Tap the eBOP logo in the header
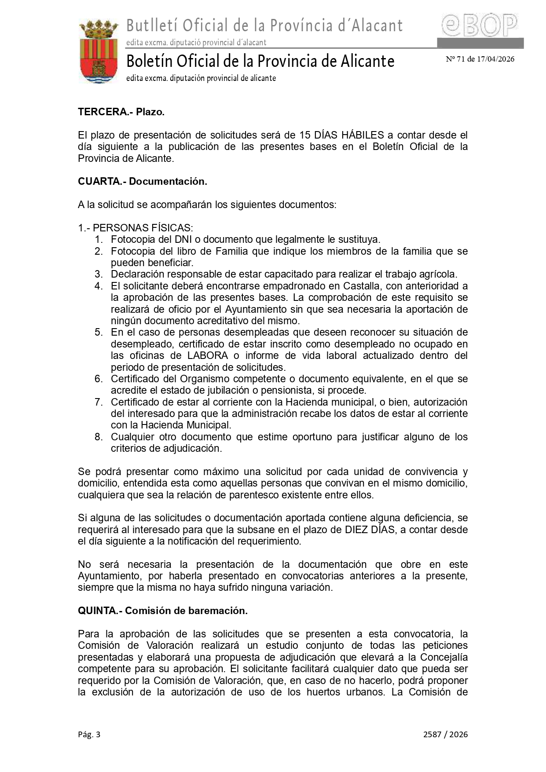tap(480, 26)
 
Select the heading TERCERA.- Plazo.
tap(121, 112)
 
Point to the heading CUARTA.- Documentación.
tap(142, 181)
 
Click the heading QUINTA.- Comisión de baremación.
tap(162, 611)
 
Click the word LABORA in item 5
tap(208, 355)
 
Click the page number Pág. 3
tap(89, 734)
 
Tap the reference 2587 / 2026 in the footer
tap(445, 734)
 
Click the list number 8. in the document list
tap(99, 437)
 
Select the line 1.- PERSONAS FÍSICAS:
tap(136, 228)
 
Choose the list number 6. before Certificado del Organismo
tap(99, 379)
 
